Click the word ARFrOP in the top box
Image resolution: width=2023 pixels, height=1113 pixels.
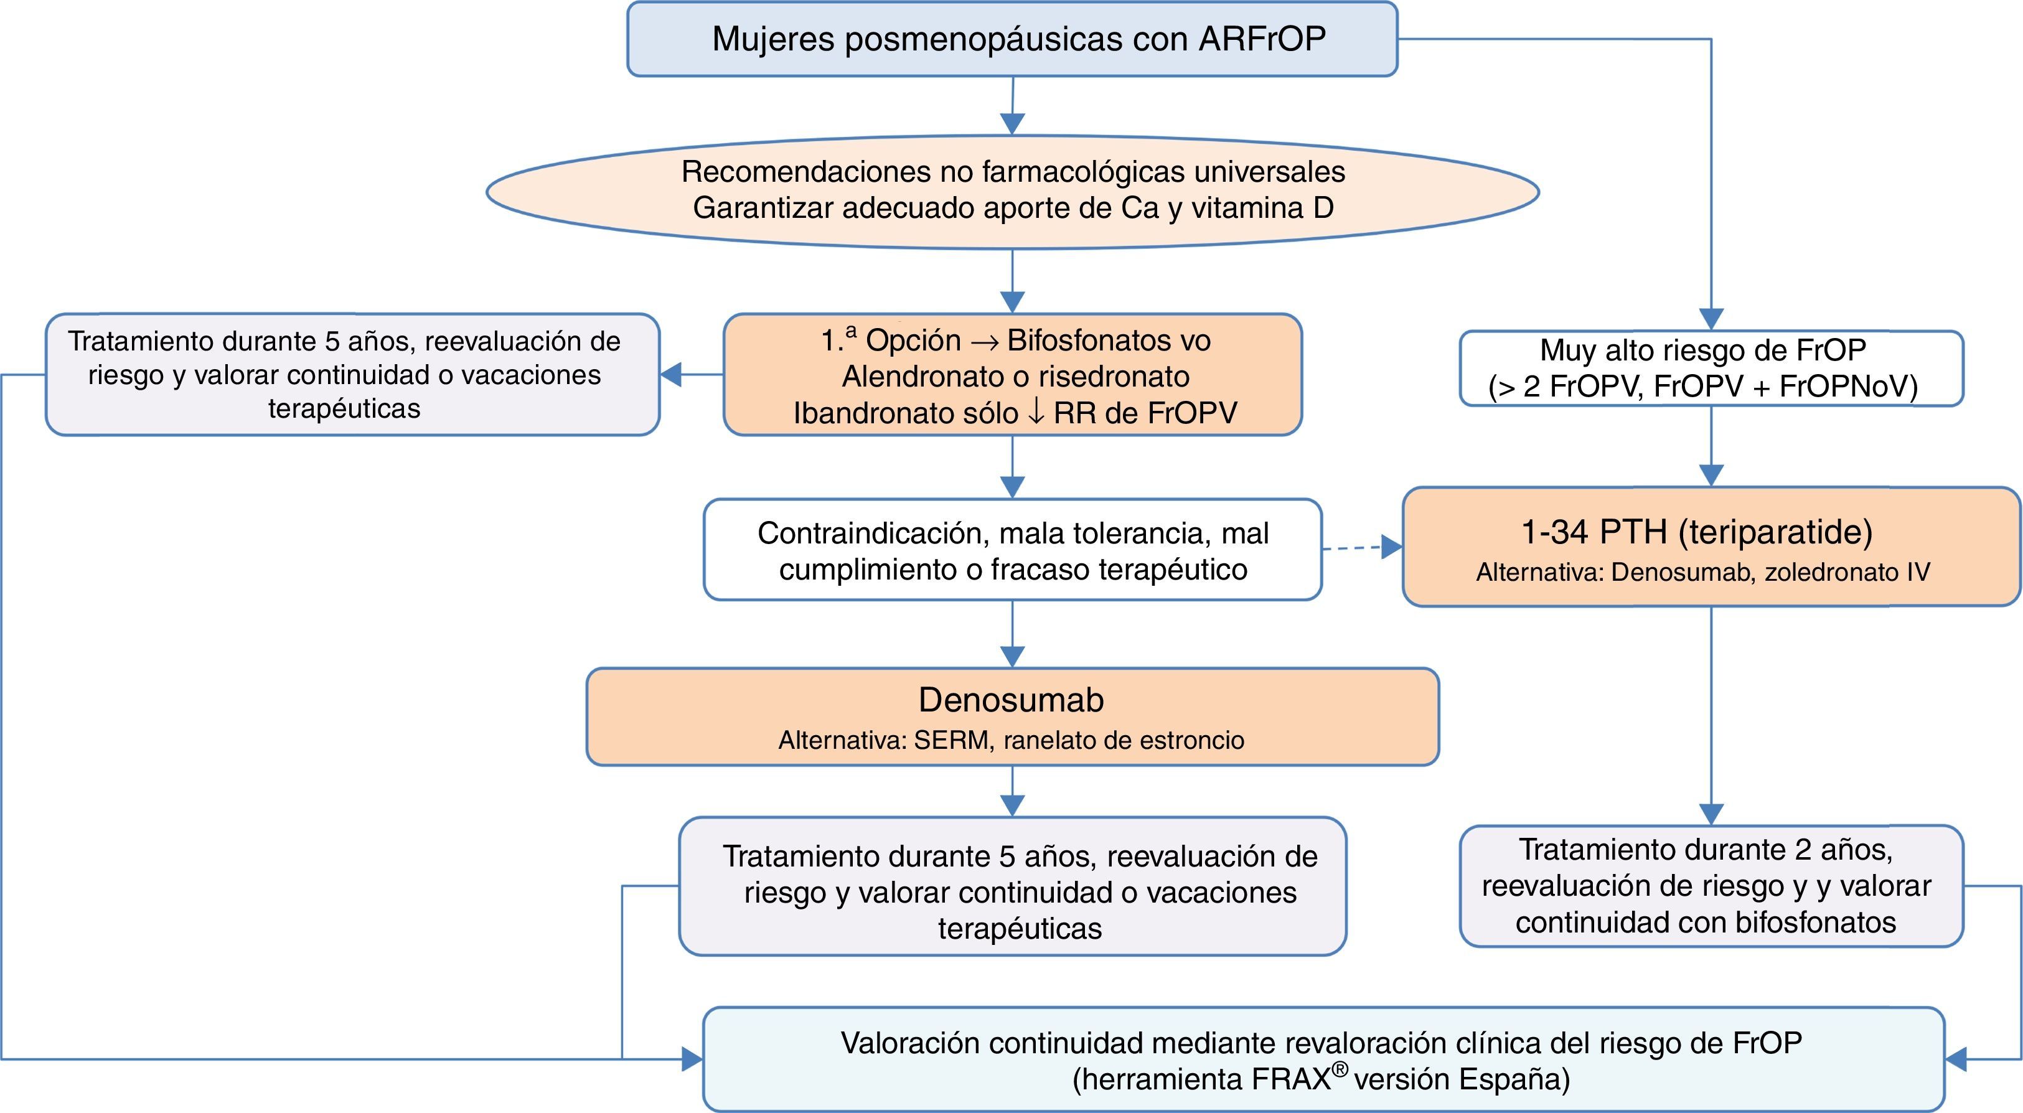[x=1262, y=39]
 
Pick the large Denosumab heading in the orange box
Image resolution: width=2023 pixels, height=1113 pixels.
[x=1012, y=700]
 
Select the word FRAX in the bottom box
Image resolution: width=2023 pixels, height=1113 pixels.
[x=1291, y=1080]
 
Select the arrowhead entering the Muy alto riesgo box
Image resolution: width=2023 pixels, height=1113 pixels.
[x=1711, y=319]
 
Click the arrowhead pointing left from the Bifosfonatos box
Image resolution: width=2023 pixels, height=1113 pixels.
[x=670, y=375]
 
